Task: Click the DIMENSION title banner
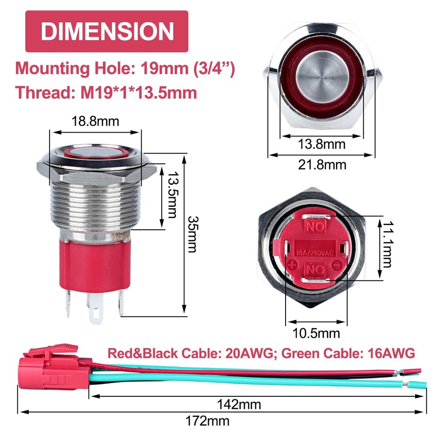pos(107,31)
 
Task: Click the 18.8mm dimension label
pos(95,121)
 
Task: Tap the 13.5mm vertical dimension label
pos(172,194)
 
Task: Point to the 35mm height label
pos(192,235)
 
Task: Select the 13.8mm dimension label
pos(322,144)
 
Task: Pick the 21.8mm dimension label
pos(322,165)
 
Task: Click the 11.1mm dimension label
pos(387,245)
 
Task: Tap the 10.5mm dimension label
pos(317,333)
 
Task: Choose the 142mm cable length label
pos(239,405)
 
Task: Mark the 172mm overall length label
pos(208,421)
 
